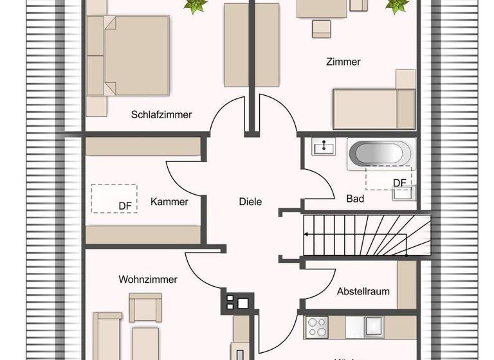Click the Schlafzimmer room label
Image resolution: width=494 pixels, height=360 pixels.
tap(161, 115)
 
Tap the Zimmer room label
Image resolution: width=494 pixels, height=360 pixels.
tap(343, 62)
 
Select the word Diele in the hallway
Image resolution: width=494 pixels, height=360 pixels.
tap(250, 202)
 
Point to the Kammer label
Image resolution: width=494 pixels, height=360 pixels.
tap(169, 202)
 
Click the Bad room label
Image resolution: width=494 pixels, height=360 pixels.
tap(355, 199)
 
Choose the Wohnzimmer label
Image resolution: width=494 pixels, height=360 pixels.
tap(148, 280)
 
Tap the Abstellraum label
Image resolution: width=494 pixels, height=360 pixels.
tap(363, 291)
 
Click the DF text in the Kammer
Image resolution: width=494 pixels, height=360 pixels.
tap(125, 206)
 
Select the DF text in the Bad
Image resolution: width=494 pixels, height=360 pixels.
tap(399, 183)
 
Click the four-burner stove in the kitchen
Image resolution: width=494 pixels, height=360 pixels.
tap(316, 327)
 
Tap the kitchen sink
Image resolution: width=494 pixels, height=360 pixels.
tap(373, 327)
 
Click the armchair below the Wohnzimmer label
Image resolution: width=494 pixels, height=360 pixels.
tap(145, 307)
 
